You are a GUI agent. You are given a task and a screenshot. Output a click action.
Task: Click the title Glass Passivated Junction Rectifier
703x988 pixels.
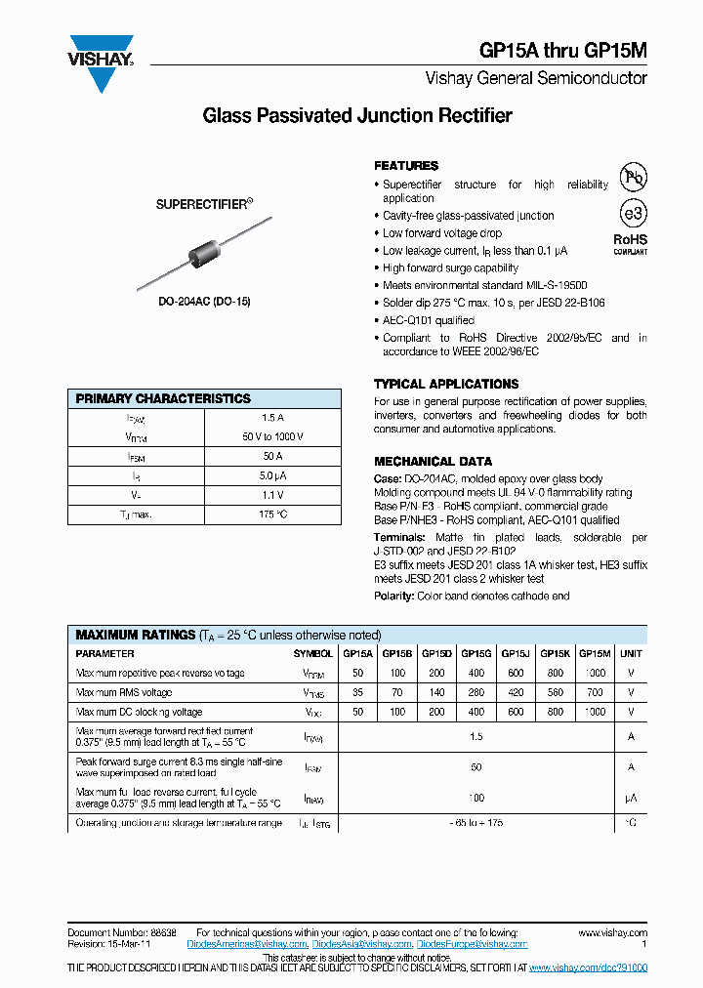point(356,116)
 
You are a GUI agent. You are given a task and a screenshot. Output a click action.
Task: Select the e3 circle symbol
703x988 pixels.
point(635,213)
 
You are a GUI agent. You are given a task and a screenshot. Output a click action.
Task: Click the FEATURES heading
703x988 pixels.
point(406,166)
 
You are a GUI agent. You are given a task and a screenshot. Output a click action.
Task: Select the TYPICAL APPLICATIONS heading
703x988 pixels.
point(446,384)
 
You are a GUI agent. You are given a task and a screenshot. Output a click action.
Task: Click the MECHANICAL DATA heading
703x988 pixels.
point(433,461)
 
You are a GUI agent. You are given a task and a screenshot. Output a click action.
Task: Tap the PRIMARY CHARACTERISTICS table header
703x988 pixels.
point(163,398)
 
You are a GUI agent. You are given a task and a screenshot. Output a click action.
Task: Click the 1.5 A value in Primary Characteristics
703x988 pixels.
point(272,418)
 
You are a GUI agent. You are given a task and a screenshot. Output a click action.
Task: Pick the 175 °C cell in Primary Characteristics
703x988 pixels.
point(272,514)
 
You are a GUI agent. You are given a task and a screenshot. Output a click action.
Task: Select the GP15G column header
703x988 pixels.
point(476,653)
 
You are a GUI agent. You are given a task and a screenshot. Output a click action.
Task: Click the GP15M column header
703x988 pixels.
point(595,653)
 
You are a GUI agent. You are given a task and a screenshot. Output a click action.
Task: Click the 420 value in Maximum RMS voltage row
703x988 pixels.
point(515,692)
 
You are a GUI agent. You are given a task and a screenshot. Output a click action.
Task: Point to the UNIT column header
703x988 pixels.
point(632,653)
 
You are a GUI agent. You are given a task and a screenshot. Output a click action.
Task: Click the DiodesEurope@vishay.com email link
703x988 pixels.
point(472,945)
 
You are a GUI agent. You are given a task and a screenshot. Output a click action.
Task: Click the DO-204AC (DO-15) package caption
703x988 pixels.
point(204,302)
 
